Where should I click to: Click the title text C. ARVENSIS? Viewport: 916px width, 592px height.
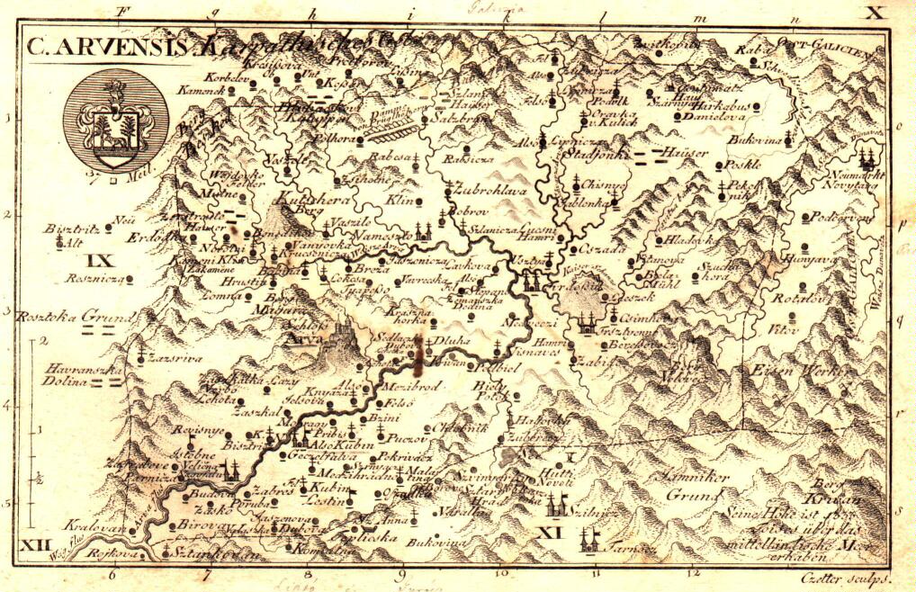pos(107,47)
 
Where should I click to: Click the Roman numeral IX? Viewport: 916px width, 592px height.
pos(103,261)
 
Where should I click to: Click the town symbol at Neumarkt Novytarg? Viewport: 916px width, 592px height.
pos(867,158)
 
